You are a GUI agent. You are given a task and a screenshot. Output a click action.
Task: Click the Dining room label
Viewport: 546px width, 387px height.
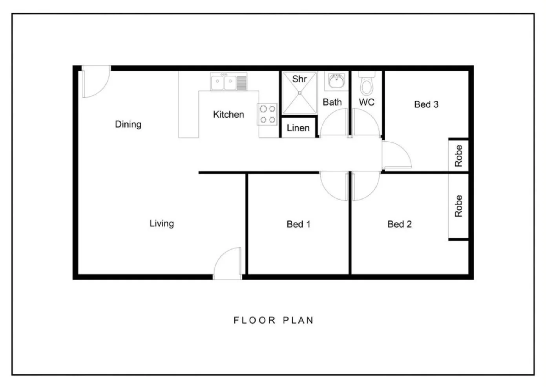[x=128, y=124]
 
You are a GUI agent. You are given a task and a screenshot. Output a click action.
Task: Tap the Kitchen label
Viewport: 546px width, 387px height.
[x=228, y=115]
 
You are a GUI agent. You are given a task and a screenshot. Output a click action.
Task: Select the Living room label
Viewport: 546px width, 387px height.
[x=161, y=223]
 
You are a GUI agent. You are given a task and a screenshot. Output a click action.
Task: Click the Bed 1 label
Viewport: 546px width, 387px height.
[x=298, y=224]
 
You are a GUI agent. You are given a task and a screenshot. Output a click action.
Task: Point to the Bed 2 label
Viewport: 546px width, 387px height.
[x=399, y=224]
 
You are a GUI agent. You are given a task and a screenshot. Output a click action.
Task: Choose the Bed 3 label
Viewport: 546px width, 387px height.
[x=426, y=104]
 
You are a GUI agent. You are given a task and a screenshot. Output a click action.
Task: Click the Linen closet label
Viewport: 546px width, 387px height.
[x=298, y=128]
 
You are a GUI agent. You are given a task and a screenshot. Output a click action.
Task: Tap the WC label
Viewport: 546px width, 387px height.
[x=366, y=102]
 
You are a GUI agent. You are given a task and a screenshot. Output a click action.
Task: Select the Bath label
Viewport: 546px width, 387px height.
[x=332, y=102]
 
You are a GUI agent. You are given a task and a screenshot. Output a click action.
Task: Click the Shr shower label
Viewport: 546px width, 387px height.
[x=299, y=79]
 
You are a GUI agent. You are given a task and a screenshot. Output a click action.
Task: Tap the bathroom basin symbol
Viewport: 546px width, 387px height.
[x=336, y=81]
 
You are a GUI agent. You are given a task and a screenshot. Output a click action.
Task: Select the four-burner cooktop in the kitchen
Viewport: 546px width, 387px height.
[x=267, y=114]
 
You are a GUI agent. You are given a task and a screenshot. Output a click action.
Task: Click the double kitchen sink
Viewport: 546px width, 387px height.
[x=224, y=82]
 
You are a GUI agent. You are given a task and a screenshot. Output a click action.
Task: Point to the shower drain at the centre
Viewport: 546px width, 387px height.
[x=299, y=93]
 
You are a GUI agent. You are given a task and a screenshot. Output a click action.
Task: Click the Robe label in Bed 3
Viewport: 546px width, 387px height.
[x=458, y=155]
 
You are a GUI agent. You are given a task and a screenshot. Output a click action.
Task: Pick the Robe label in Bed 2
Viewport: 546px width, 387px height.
[x=458, y=206]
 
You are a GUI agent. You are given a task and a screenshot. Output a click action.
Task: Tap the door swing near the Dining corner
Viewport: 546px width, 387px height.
[x=95, y=83]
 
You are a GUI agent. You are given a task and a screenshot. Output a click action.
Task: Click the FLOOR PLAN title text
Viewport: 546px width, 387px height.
[x=273, y=320]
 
